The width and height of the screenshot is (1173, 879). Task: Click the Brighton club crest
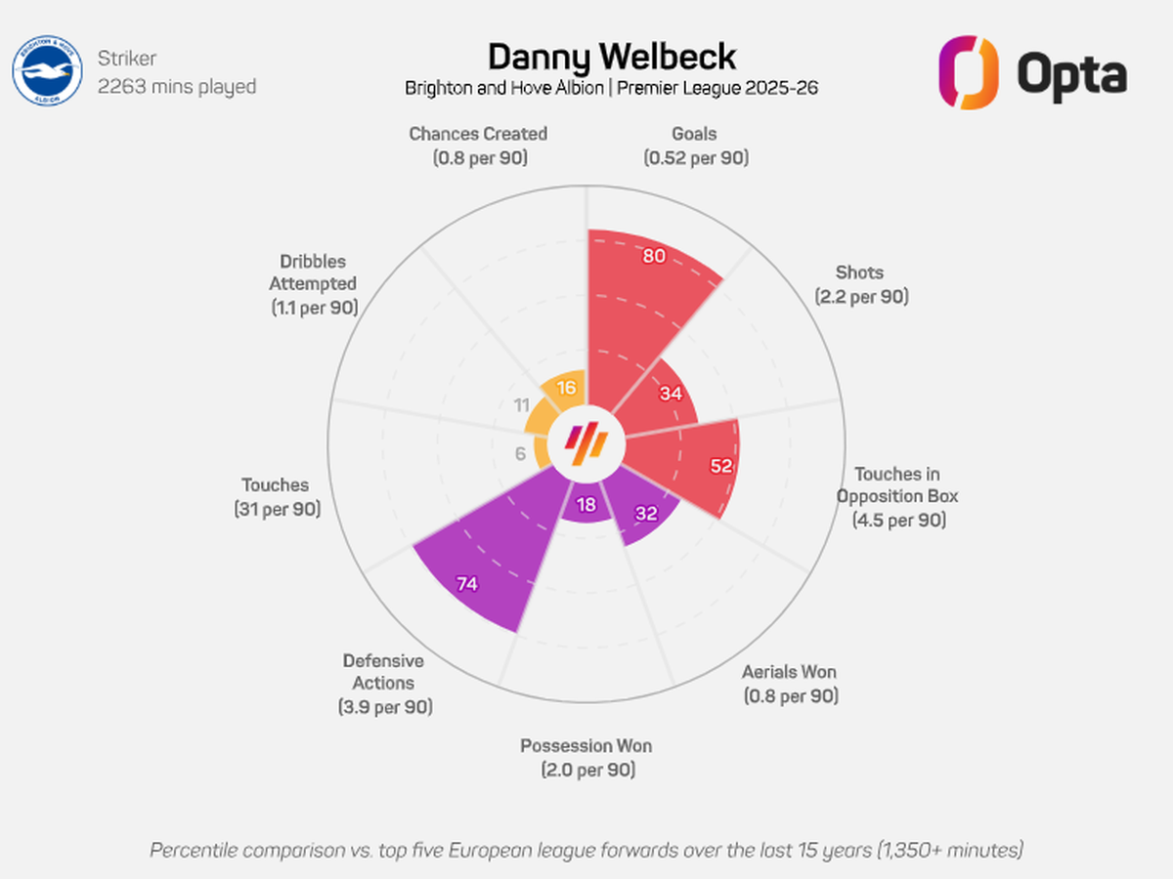pyautogui.click(x=47, y=70)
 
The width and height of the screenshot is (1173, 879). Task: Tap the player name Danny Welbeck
pyautogui.click(x=612, y=57)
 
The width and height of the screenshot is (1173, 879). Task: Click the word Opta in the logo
pyautogui.click(x=1071, y=75)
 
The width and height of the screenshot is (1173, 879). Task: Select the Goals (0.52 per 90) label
pyautogui.click(x=695, y=146)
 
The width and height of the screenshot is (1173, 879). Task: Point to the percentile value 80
pyautogui.click(x=654, y=256)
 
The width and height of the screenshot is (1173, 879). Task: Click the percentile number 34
pyautogui.click(x=671, y=394)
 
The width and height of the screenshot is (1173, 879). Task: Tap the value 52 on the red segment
pyautogui.click(x=720, y=466)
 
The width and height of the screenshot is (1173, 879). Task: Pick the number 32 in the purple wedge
pyautogui.click(x=646, y=514)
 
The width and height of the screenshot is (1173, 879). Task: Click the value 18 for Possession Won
pyautogui.click(x=586, y=504)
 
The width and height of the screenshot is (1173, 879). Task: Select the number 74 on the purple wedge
pyautogui.click(x=467, y=584)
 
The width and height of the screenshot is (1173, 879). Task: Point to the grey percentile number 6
pyautogui.click(x=520, y=453)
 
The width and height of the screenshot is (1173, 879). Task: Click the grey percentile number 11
pyautogui.click(x=522, y=405)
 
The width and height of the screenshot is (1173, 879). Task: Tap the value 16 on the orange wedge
pyautogui.click(x=566, y=388)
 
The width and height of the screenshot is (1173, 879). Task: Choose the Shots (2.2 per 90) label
pyautogui.click(x=861, y=284)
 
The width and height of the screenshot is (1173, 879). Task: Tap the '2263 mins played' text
pyautogui.click(x=177, y=87)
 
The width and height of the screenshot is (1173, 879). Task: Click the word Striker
pyautogui.click(x=127, y=59)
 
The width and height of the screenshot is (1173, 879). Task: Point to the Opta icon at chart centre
pyautogui.click(x=586, y=443)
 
